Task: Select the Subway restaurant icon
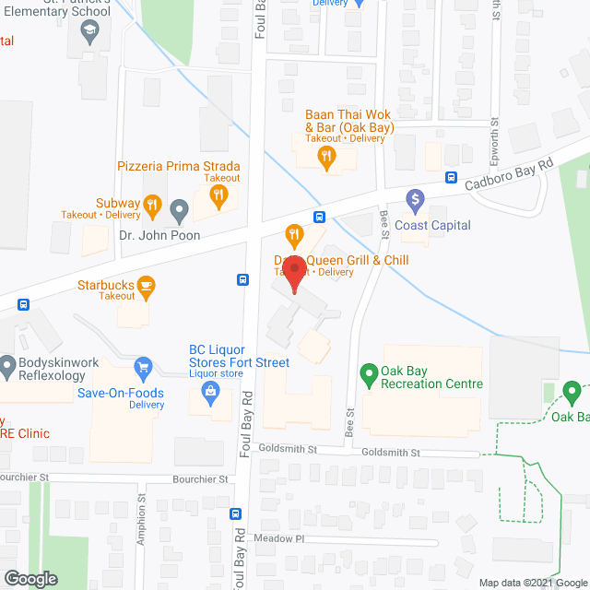[x=153, y=204]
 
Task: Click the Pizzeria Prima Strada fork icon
[x=218, y=194]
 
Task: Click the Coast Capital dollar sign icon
[x=415, y=198]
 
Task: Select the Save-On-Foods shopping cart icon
[x=142, y=369]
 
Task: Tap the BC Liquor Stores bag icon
[x=211, y=394]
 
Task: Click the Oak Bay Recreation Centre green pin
[x=369, y=374]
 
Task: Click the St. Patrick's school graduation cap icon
[x=89, y=34]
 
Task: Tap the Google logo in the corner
[x=29, y=578]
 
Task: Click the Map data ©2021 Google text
[x=532, y=582]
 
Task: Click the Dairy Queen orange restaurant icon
[x=294, y=235]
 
